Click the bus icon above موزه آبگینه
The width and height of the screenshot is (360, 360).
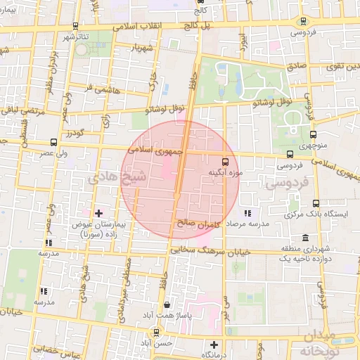coord(225,160)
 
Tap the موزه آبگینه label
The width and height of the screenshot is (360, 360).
coord(225,172)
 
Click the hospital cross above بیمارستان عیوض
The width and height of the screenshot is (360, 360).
coord(98,212)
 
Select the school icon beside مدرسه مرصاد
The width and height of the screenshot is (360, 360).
coord(247,213)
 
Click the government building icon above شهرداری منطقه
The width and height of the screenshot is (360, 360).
coord(304,238)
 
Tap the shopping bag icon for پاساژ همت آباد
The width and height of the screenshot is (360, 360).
coord(166,305)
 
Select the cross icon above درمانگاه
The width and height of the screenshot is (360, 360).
coord(214,345)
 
